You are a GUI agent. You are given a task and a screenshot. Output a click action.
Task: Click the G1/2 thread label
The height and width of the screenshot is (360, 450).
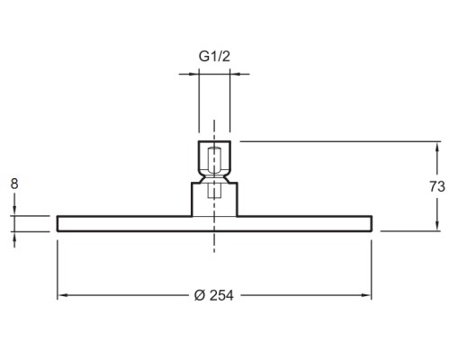(x=214, y=57)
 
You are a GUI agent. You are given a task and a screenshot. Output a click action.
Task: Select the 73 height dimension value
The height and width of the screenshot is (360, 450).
(x=436, y=186)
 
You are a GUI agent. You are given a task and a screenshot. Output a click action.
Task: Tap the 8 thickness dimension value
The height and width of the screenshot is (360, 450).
(x=14, y=184)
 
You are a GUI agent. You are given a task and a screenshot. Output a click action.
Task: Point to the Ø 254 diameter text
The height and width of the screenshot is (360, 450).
(x=213, y=295)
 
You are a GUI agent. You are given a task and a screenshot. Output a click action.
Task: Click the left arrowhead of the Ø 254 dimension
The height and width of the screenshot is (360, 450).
(x=62, y=295)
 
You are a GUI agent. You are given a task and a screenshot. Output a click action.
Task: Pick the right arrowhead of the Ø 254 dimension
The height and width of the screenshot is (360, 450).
(x=366, y=295)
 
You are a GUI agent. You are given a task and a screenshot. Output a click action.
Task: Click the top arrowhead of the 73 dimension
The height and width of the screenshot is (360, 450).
(x=437, y=147)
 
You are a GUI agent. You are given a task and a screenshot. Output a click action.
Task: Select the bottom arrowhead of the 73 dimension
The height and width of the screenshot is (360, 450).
(x=437, y=226)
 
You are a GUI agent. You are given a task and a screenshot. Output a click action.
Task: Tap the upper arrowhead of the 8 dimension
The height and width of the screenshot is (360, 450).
(x=14, y=211)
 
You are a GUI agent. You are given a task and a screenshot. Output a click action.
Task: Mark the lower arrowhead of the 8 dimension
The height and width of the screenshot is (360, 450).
(x=14, y=237)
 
